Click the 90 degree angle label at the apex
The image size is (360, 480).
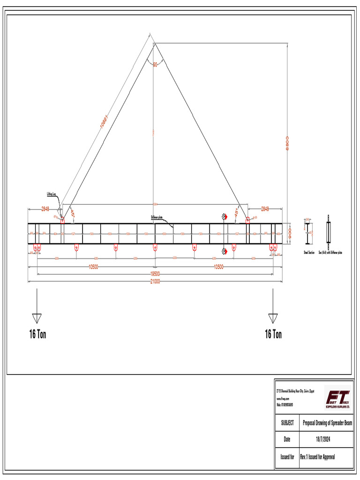[155, 64]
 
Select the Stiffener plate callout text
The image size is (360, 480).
[157, 217]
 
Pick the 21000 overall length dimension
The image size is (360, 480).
[155, 281]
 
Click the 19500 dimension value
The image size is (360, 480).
[155, 274]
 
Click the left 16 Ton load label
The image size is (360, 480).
[37, 334]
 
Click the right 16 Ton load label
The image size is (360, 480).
[273, 334]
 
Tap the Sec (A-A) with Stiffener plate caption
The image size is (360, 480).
[330, 253]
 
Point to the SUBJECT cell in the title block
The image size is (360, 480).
[287, 423]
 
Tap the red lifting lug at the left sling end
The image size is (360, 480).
[62, 219]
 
